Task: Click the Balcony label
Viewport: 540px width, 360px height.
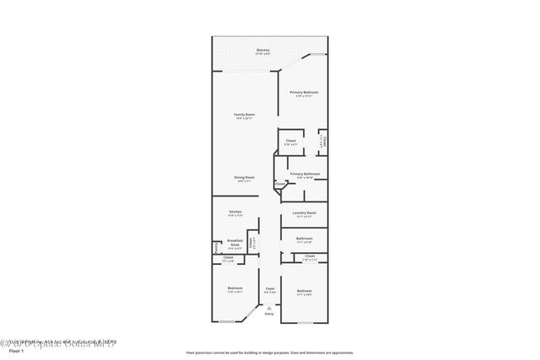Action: coord(263,51)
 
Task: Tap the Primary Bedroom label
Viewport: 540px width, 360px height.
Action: coord(304,92)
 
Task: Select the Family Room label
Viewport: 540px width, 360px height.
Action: coord(244,114)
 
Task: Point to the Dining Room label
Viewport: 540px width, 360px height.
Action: coord(244,177)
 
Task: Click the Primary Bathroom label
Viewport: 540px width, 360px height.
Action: coord(304,174)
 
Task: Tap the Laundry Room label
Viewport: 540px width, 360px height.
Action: coord(304,212)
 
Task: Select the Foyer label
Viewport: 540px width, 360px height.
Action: coord(270,289)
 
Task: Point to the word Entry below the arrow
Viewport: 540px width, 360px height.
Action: coord(269,314)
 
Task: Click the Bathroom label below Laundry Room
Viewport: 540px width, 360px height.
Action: coord(304,238)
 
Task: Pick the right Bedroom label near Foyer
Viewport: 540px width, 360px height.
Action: coord(304,291)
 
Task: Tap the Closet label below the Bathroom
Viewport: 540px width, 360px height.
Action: coord(309,255)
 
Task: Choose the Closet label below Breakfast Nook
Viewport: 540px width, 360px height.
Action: coord(228,260)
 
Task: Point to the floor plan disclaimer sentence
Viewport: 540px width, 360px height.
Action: coord(269,352)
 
